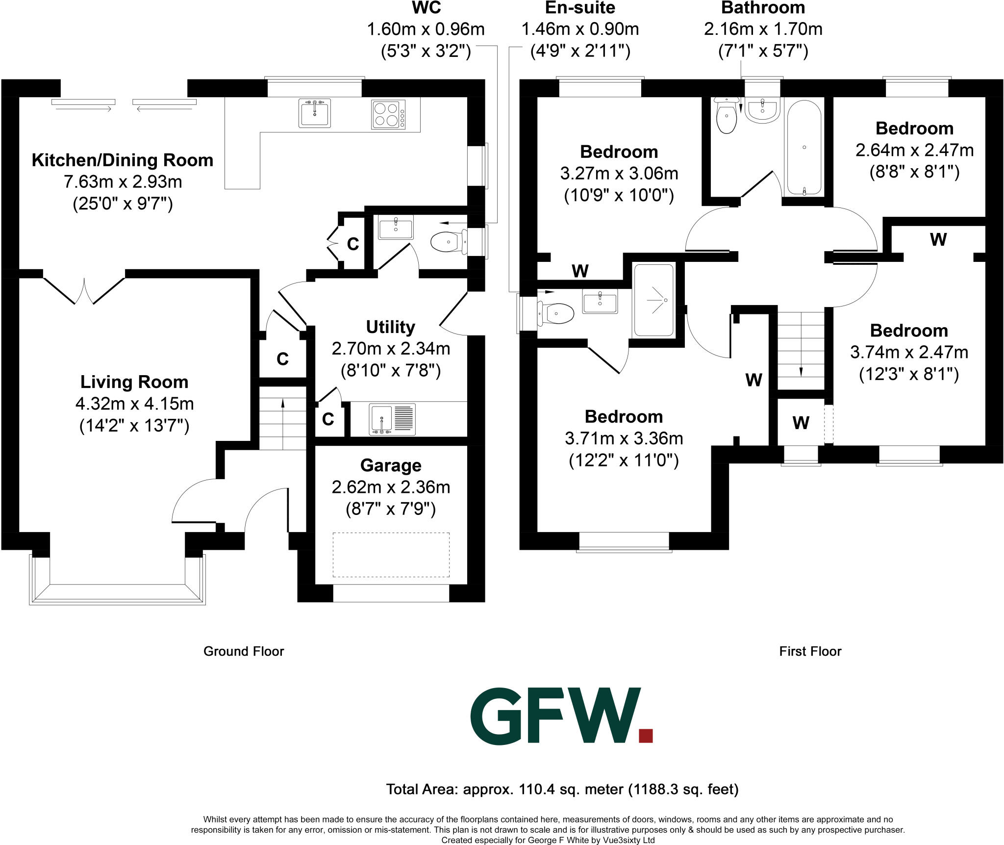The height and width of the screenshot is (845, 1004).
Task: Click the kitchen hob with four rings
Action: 388,114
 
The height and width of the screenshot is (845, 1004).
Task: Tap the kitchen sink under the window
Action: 314,113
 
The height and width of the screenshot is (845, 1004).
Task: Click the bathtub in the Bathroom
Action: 804,147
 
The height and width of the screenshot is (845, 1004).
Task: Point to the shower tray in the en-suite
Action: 654,300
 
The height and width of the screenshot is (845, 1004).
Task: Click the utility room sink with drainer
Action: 392,419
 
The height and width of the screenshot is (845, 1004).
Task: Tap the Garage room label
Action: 391,465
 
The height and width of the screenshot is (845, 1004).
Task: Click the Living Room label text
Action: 134,382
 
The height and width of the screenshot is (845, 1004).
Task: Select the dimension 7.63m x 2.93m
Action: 123,182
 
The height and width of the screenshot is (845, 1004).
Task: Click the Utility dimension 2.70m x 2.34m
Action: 391,349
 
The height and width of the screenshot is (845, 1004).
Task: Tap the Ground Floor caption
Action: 244,651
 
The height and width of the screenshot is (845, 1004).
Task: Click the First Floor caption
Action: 810,651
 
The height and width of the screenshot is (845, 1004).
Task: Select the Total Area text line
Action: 562,789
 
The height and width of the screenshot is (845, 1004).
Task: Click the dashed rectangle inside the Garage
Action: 391,555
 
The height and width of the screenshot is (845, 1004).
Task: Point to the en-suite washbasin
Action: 600,301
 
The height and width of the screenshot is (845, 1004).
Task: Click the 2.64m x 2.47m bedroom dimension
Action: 914,150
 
